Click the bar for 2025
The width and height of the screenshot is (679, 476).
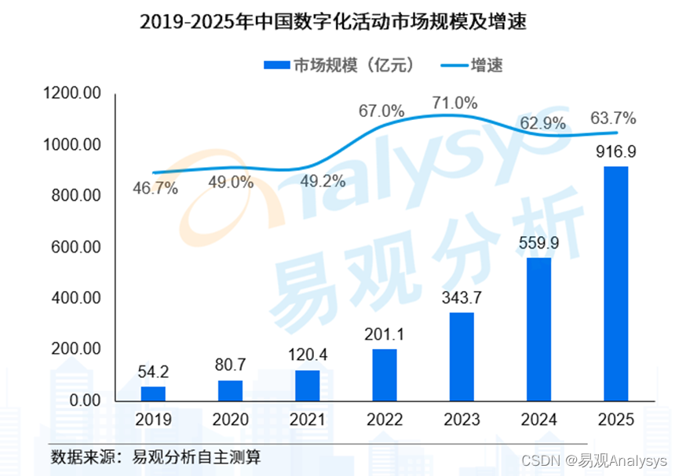[616, 283]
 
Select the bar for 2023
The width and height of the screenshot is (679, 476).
[462, 357]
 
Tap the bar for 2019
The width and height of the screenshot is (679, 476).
[153, 393]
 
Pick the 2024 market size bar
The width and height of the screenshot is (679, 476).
[538, 329]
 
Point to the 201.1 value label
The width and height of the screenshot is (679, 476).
[385, 335]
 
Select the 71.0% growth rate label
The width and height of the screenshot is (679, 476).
[454, 104]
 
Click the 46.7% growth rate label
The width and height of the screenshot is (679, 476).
[155, 188]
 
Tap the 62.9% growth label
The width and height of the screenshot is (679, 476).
[539, 122]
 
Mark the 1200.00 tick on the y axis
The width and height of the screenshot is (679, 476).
[74, 94]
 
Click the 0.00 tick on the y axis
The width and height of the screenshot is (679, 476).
[84, 401]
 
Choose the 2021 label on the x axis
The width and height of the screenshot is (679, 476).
[308, 420]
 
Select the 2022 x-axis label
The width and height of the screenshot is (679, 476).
[385, 420]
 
